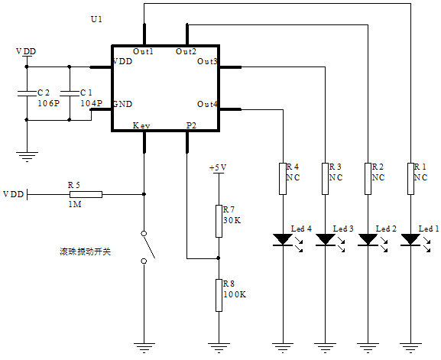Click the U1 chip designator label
[96, 18]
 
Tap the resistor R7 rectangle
[219, 219]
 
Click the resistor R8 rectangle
[219, 294]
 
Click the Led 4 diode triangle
[283, 240]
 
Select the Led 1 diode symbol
[411, 240]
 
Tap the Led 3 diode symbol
[326, 240]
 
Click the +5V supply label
[218, 167]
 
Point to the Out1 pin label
[143, 51]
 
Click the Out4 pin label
[207, 104]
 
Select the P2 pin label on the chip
[191, 125]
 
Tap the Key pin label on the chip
[141, 125]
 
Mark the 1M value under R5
[74, 205]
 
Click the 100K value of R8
[234, 294]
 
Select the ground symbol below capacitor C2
[27, 157]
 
